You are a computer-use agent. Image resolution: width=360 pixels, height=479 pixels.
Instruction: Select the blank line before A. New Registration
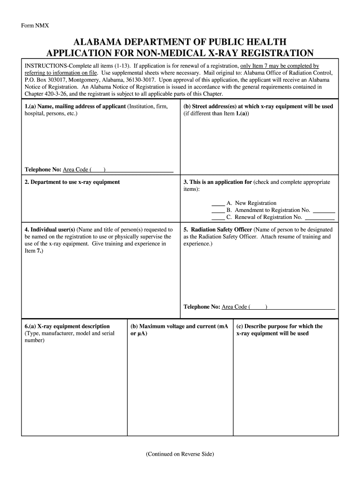218,203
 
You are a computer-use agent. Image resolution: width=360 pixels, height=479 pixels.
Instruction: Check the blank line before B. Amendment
218,210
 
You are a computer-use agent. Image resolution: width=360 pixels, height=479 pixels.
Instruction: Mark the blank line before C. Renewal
218,218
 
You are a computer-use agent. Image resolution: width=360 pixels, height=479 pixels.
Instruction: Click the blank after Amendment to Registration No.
324,210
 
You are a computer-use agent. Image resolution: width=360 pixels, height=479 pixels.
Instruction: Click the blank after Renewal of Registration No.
320,218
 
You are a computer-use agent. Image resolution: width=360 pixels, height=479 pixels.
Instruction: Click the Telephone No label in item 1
43,169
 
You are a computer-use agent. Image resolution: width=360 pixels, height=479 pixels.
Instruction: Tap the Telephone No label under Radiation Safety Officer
202,307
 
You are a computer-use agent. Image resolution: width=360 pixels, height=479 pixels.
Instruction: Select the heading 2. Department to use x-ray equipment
72,182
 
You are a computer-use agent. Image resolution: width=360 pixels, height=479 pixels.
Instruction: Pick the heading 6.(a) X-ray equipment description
67,326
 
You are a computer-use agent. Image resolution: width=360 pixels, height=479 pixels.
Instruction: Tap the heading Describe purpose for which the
279,326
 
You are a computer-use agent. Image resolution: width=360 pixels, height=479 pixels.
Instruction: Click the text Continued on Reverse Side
180,454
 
